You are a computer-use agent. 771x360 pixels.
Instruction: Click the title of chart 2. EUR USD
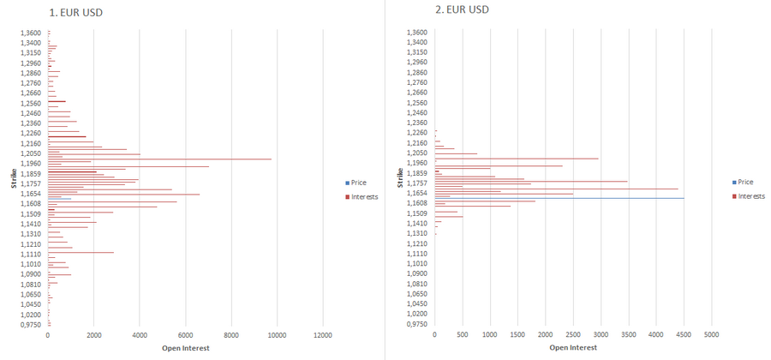click(x=463, y=9)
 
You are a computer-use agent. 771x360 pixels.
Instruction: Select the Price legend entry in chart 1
click(x=358, y=183)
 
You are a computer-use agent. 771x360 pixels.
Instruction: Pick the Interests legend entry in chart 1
click(x=363, y=196)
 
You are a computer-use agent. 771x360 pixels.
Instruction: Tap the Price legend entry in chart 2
click(x=745, y=182)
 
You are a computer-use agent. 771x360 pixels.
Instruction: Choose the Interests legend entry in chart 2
click(x=750, y=195)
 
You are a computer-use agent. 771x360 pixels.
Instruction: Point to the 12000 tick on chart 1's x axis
click(x=322, y=336)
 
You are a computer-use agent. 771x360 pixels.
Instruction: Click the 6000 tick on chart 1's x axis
click(x=185, y=336)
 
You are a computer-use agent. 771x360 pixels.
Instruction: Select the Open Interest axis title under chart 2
click(x=573, y=348)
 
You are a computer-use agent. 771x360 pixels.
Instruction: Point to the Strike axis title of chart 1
click(x=14, y=177)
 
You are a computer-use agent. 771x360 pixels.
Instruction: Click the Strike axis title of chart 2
click(x=401, y=177)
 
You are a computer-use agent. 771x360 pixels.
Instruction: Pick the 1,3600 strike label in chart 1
click(x=31, y=33)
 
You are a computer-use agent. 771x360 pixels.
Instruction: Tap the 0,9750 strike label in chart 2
click(x=417, y=324)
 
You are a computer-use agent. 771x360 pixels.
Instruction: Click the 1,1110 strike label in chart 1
click(x=31, y=254)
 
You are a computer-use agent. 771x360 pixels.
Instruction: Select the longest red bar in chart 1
click(x=159, y=159)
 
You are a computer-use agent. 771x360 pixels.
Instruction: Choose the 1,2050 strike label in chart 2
click(x=417, y=153)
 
